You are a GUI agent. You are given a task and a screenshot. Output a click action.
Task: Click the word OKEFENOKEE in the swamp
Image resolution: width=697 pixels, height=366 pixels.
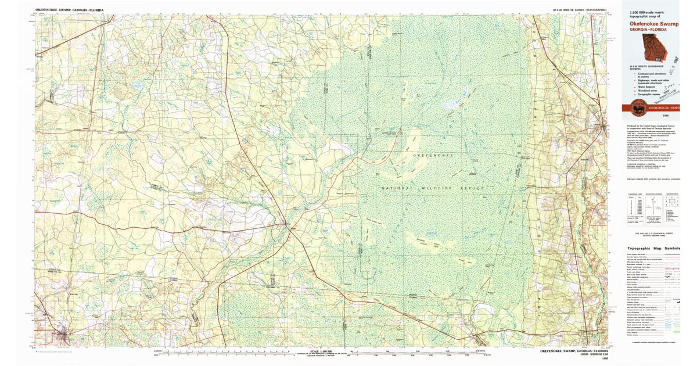click(x=433, y=156)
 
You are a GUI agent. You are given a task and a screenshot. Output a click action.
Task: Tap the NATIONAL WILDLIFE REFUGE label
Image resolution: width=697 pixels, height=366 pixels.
click(x=433, y=188)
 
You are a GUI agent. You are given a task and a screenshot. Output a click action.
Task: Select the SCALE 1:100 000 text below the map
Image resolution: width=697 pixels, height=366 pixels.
click(x=323, y=351)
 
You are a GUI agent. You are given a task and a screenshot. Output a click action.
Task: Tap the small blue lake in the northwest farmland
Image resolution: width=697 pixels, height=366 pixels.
click(x=137, y=86)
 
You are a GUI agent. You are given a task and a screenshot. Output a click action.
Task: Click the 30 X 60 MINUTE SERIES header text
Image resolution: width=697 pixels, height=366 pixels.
click(x=577, y=10)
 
